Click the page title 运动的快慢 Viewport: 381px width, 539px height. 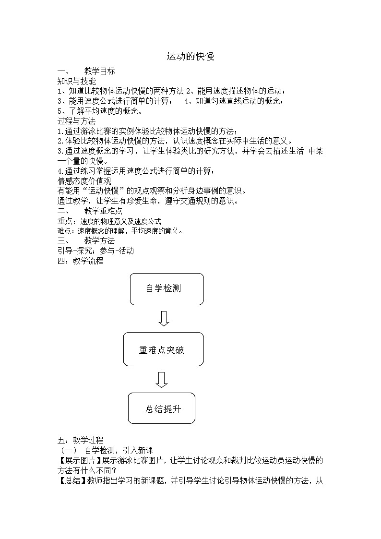pyautogui.click(x=190, y=57)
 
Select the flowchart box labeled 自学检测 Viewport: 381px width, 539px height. pyautogui.click(x=167, y=289)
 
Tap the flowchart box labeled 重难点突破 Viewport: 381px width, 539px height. pyautogui.click(x=163, y=349)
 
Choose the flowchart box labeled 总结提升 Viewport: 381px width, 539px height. pyautogui.click(x=162, y=408)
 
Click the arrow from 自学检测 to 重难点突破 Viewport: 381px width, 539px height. pyautogui.click(x=164, y=318)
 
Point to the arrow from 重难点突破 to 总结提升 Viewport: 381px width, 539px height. pyautogui.click(x=162, y=379)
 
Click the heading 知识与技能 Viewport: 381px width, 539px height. pyautogui.click(x=76, y=81)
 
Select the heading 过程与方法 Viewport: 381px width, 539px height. pyautogui.click(x=76, y=121)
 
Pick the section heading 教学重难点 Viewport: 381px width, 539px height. pyautogui.click(x=103, y=211)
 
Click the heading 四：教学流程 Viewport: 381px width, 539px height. pyautogui.click(x=80, y=261)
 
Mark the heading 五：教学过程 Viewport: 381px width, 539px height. pyautogui.click(x=80, y=440)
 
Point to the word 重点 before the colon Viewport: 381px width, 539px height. pyautogui.click(x=64, y=221)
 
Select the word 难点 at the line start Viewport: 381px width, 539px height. pyautogui.click(x=64, y=231)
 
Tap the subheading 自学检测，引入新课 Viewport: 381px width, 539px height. pyautogui.click(x=118, y=450)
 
